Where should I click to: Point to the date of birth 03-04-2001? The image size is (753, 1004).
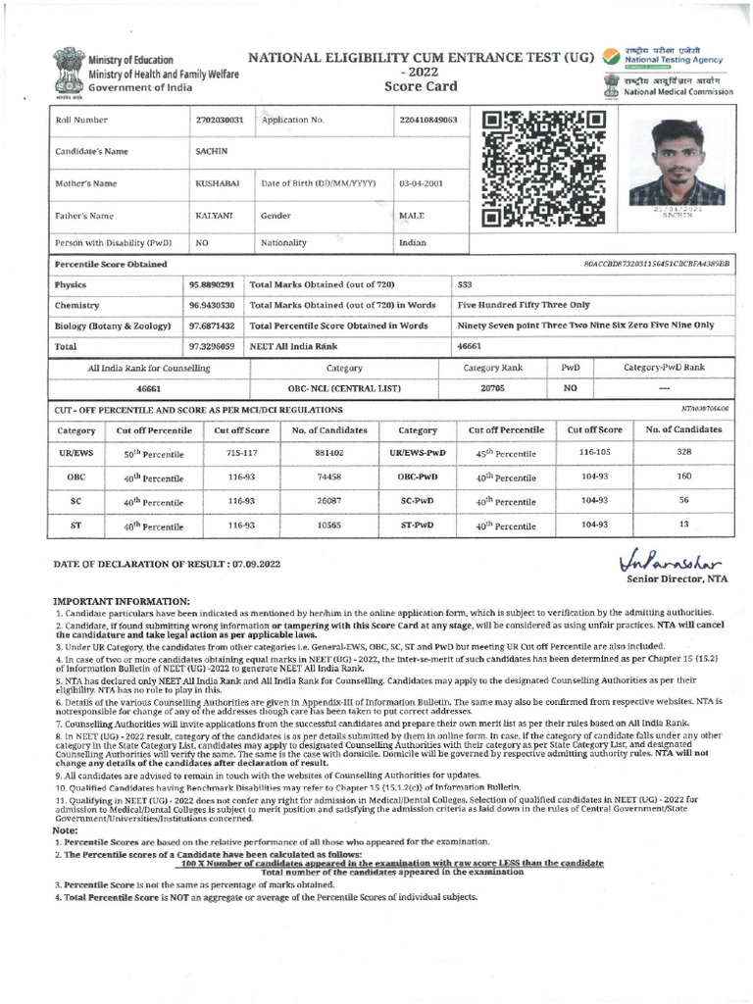(x=422, y=183)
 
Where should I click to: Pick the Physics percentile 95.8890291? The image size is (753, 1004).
(x=212, y=284)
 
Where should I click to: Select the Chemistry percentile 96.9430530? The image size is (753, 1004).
(x=212, y=305)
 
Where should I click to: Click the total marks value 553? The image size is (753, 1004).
(x=465, y=284)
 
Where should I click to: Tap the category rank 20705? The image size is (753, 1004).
(x=492, y=388)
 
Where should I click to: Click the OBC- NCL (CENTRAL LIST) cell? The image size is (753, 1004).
(x=344, y=388)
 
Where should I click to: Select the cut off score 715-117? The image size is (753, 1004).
(x=242, y=453)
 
